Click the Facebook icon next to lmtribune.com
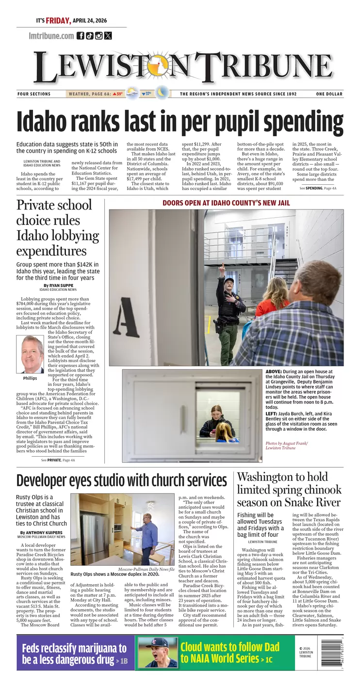pos(81,35)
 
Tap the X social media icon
pos(108,35)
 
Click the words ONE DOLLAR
pos(329,94)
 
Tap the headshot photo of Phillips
pos(33,354)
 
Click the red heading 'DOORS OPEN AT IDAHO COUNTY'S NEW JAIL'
pos(226,203)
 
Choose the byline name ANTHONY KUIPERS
pos(41,532)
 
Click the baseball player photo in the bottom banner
pos(157,653)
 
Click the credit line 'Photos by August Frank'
pos(286,443)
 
